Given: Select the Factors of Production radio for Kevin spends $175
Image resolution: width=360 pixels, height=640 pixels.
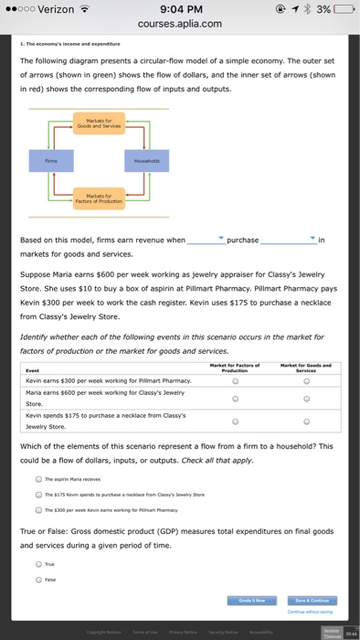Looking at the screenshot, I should [237, 421].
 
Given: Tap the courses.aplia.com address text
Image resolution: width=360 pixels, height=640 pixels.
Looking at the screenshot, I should [181, 25].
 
